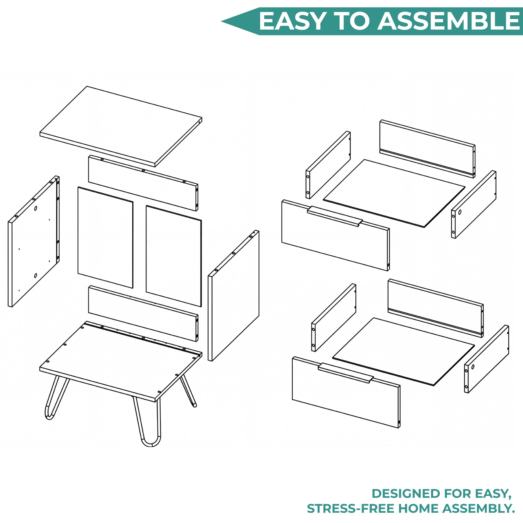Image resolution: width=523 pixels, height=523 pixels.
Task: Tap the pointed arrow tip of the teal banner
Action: point(222,21)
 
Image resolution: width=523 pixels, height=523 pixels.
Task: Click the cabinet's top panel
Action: point(121,126)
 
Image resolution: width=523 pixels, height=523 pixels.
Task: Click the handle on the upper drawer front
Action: point(335,216)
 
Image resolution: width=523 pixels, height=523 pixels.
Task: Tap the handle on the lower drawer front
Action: point(346,373)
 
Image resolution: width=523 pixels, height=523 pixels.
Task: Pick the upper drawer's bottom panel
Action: point(394,193)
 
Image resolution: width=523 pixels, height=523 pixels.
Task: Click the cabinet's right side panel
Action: point(233,296)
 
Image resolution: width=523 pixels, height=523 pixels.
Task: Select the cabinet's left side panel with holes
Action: point(34,241)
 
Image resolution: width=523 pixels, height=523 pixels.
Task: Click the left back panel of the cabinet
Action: point(105,237)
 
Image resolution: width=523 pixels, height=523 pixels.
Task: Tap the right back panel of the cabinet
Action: point(174,256)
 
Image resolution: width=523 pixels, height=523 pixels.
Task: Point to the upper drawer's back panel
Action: point(427,149)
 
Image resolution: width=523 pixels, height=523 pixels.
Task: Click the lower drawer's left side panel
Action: point(334,318)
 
